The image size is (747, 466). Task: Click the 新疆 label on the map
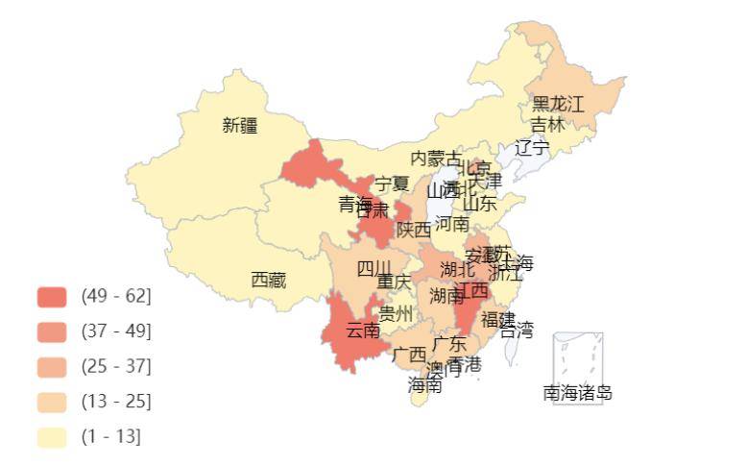(240, 125)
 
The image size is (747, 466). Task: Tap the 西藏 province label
(269, 281)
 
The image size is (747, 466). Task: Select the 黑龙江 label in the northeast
(558, 105)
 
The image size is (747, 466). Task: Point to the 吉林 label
(548, 125)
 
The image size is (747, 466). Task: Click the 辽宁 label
(533, 148)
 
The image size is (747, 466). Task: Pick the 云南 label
(363, 331)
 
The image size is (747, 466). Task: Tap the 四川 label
(374, 268)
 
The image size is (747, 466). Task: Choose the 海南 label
(424, 385)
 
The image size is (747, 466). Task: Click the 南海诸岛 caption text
(578, 393)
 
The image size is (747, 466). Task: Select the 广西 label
(410, 355)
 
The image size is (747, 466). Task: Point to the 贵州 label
(396, 314)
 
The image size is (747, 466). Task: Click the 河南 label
(452, 224)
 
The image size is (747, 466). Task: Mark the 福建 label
(498, 319)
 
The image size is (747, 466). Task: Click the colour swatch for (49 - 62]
(52, 296)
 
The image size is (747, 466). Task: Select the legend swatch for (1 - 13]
(52, 437)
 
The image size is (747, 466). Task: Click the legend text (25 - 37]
(116, 366)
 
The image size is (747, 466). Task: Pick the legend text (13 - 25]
(116, 402)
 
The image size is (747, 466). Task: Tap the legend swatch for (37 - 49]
(52, 331)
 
